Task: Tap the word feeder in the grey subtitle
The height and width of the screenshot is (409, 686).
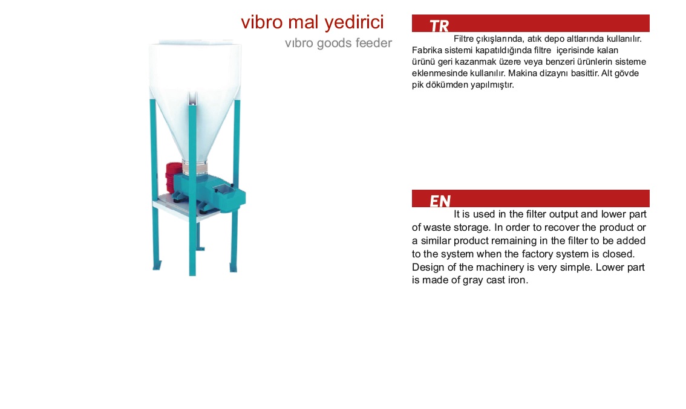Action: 374,43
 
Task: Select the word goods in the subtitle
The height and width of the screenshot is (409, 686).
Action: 335,43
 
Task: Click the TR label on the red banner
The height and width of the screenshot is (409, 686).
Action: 439,26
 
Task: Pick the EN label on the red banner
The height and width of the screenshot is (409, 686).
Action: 440,201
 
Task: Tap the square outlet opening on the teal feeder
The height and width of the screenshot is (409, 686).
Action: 224,188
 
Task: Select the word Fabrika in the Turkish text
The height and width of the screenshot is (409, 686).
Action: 427,50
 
